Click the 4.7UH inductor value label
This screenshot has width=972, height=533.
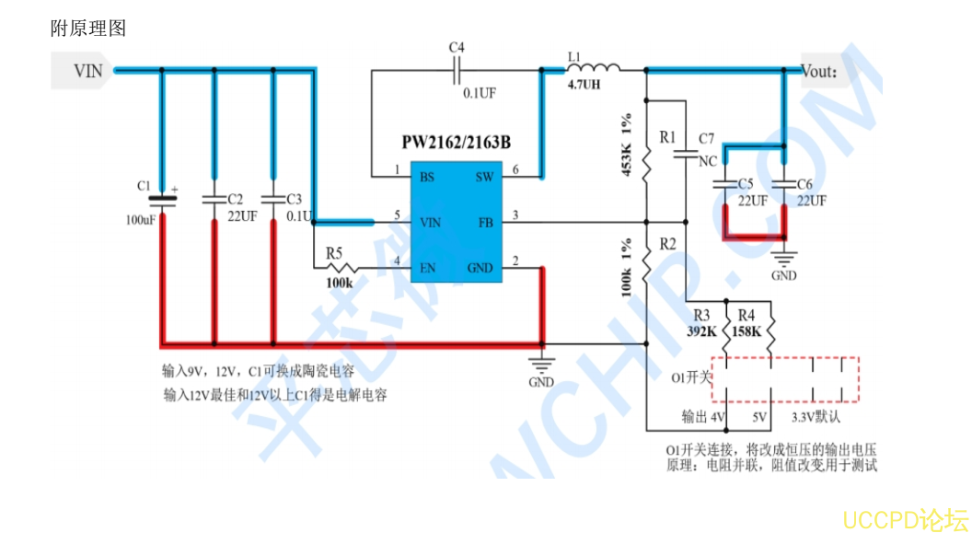point(584,85)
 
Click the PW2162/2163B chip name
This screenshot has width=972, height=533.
point(456,143)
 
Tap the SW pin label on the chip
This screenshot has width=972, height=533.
point(484,177)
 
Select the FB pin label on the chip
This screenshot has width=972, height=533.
point(486,223)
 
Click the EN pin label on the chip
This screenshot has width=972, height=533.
point(428,269)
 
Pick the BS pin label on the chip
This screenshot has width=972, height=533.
point(428,177)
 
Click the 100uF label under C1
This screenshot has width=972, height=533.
point(141,221)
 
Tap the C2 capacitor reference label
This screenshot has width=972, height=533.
point(235,199)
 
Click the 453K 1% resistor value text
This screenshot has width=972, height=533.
point(627,145)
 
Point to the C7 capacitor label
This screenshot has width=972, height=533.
point(706,139)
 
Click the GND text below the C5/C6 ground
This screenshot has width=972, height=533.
point(784,275)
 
